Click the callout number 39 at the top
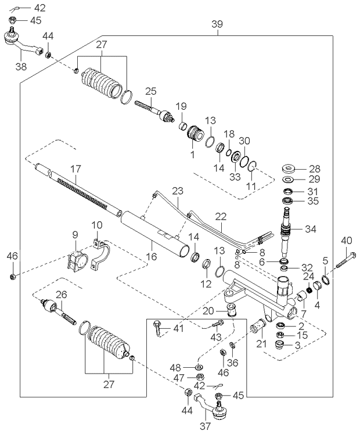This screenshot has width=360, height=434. click(x=217, y=24)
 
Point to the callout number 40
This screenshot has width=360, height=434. click(x=346, y=240)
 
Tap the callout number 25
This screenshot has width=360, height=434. click(x=151, y=91)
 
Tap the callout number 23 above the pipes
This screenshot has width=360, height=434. click(x=177, y=190)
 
